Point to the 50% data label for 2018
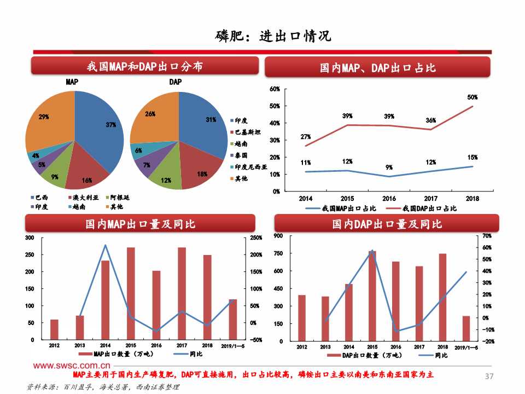[x=472, y=97]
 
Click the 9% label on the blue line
[x=389, y=167]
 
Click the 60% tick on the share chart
[x=275, y=89]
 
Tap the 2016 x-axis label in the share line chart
[x=389, y=198]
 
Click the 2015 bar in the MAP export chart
[x=131, y=293]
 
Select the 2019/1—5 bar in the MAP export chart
[x=233, y=319]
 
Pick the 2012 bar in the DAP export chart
[x=302, y=317]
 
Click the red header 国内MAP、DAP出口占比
[x=378, y=68]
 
